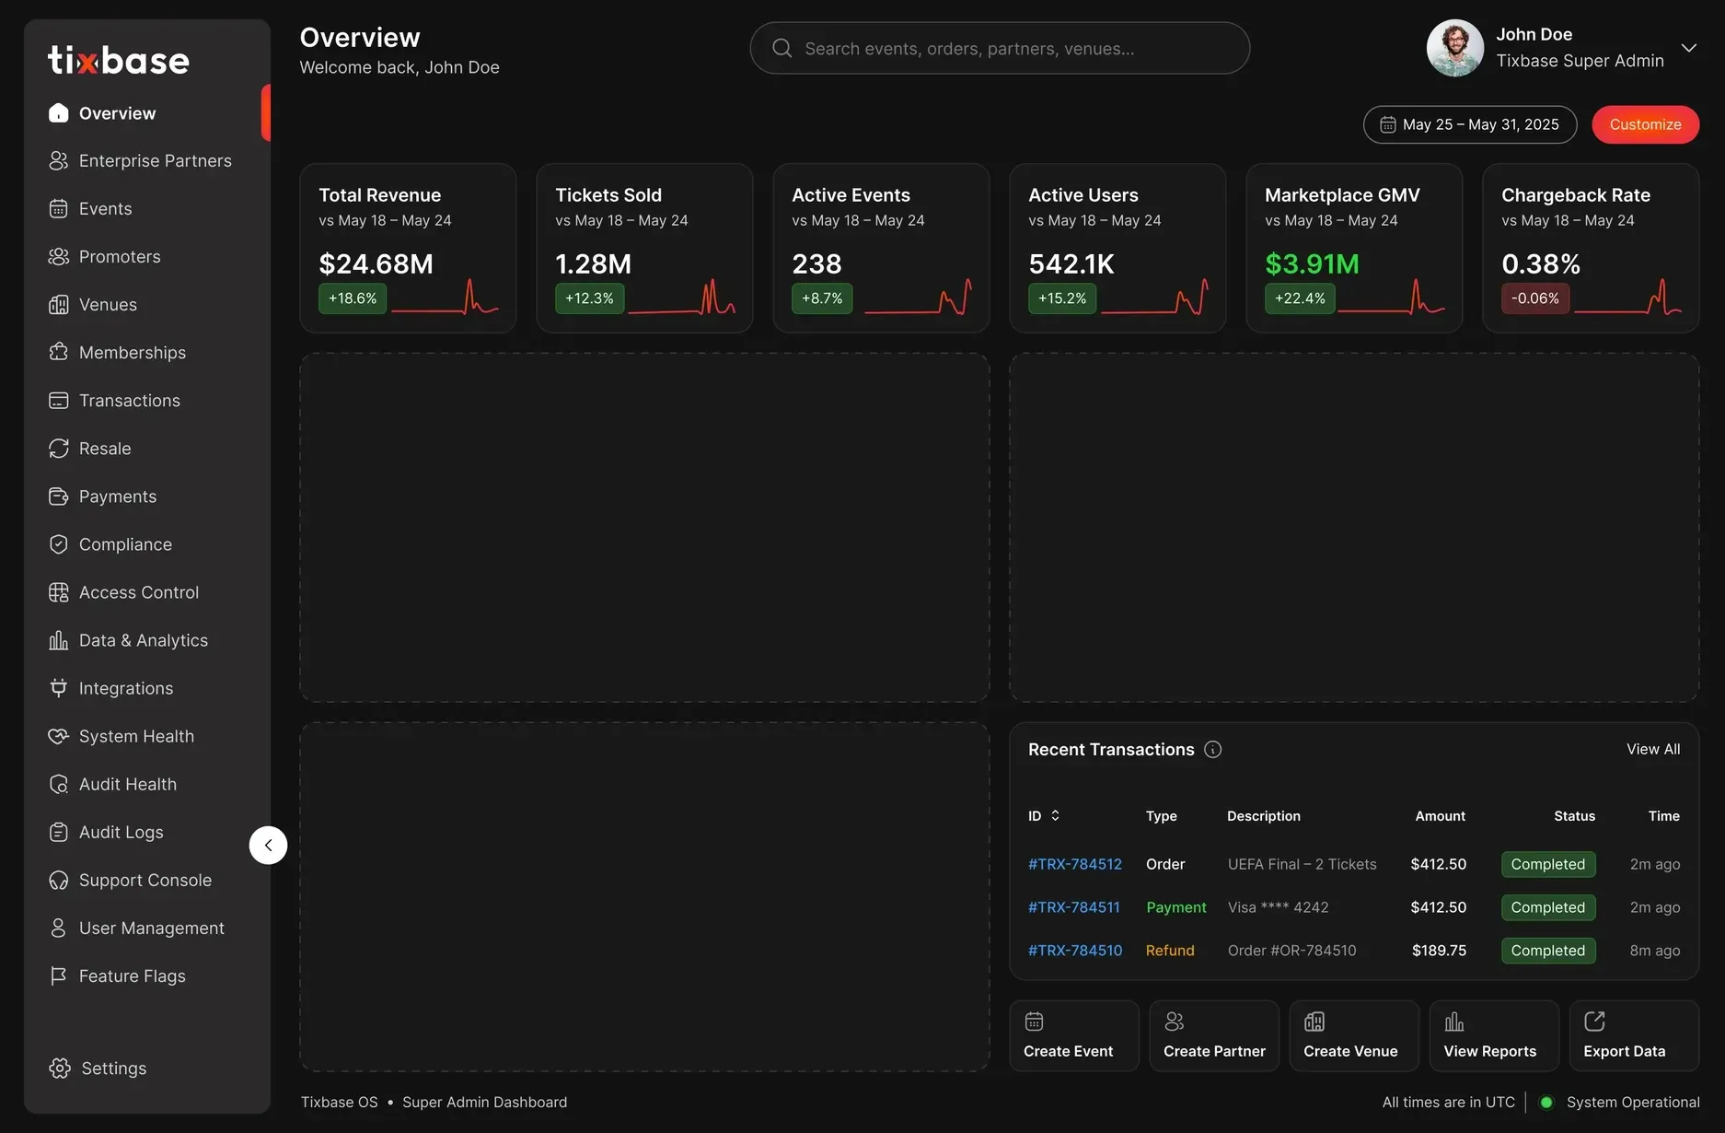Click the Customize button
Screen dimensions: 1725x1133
[1645, 124]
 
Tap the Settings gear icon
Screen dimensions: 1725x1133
[60, 1068]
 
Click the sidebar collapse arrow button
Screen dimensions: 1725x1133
[268, 845]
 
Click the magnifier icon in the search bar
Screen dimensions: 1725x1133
[782, 48]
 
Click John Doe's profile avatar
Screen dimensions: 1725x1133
[1455, 48]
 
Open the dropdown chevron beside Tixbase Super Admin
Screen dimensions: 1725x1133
[1688, 48]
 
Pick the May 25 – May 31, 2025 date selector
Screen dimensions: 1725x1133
[1470, 124]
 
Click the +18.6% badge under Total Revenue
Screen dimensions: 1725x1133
[353, 298]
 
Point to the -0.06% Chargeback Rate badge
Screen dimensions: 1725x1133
[1535, 298]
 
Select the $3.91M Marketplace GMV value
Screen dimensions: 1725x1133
[1312, 264]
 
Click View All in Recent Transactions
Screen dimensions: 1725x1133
[1653, 750]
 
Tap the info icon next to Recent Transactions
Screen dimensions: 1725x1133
[1213, 750]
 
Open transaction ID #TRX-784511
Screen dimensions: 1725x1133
[1074, 907]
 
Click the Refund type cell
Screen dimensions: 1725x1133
[1170, 951]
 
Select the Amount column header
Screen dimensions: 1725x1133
[1441, 816]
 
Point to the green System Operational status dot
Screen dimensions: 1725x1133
[1546, 1103]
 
